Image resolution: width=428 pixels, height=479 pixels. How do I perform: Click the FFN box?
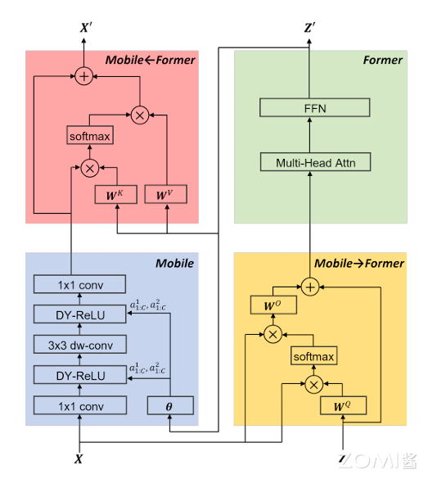(316, 107)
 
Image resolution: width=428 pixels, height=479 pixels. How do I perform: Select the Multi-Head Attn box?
(316, 162)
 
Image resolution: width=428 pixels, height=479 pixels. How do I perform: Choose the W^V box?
(166, 196)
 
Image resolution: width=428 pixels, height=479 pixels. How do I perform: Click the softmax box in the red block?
(89, 135)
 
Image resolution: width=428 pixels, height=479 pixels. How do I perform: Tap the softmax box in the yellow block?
(314, 357)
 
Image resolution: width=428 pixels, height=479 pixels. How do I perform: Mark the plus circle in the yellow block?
(310, 287)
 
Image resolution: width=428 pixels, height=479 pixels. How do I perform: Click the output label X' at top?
(85, 28)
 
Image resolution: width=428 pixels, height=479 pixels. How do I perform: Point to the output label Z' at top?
(310, 28)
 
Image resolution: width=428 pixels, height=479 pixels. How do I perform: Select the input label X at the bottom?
(79, 459)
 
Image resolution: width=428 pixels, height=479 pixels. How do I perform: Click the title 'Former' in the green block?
(382, 60)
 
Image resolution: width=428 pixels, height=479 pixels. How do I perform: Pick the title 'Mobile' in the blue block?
(174, 263)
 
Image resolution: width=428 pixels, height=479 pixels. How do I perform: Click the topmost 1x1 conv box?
(80, 284)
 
